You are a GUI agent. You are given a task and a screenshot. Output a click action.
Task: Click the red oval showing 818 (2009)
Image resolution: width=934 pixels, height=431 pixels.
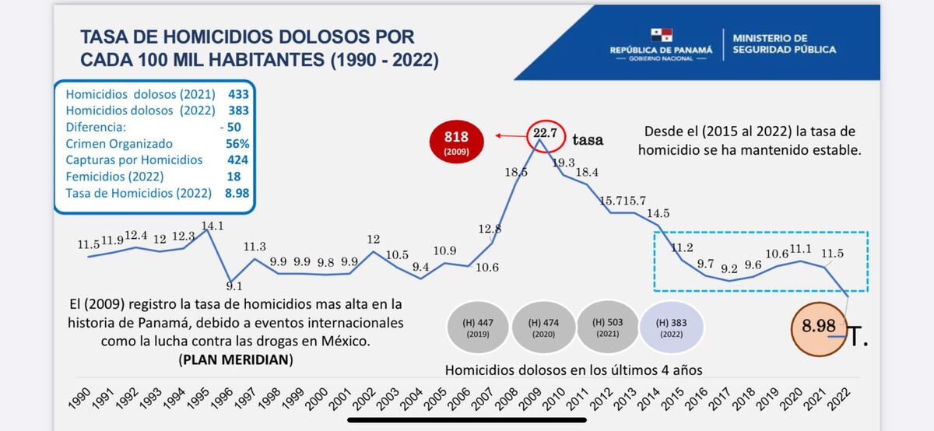[x=456, y=142]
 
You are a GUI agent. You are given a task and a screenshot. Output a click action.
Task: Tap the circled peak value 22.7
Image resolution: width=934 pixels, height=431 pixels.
[x=544, y=135]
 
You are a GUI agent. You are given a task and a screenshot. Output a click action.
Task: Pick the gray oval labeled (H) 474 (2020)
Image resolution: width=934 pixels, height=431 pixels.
[x=542, y=328]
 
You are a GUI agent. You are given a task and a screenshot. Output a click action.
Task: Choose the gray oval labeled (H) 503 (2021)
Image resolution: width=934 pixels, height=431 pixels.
[x=607, y=328]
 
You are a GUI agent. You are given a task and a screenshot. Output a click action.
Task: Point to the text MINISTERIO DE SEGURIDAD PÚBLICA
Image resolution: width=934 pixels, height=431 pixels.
[x=784, y=44]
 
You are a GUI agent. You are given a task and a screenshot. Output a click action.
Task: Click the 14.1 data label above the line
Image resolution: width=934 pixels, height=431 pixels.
[x=212, y=226]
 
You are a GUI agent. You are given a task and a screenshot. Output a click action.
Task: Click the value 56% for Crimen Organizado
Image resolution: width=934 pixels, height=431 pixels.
[x=237, y=143]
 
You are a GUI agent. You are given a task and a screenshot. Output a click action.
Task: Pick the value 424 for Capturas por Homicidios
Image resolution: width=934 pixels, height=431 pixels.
[x=237, y=159]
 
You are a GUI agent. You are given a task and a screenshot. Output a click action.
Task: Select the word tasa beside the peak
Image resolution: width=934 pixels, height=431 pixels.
[x=588, y=140]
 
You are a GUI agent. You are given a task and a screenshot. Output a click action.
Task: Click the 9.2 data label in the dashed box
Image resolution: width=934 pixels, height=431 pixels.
[x=729, y=268]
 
